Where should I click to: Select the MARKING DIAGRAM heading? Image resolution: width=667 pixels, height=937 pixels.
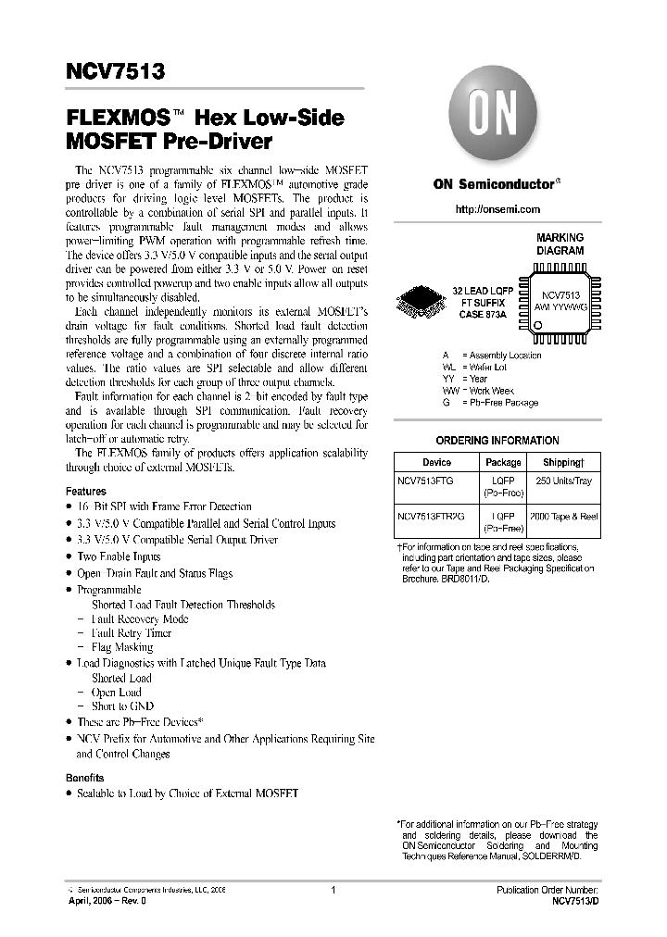pyautogui.click(x=560, y=244)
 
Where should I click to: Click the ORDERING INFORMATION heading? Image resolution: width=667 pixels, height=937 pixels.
pyautogui.click(x=497, y=441)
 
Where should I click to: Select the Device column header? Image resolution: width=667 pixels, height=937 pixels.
pyautogui.click(x=436, y=462)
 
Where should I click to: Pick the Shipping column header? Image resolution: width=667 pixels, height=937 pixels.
pyautogui.click(x=562, y=462)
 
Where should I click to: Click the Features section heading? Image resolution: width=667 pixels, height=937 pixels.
pyautogui.click(x=86, y=492)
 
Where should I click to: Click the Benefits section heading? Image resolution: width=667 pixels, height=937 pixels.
pyautogui.click(x=85, y=778)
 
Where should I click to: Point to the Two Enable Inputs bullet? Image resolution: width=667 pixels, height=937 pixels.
pyautogui.click(x=119, y=556)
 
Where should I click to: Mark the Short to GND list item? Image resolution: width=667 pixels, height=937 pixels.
pyautogui.click(x=123, y=706)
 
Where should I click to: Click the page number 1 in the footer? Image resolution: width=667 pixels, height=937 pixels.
pyautogui.click(x=333, y=889)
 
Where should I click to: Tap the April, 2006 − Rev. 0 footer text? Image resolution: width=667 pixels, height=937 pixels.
pyautogui.click(x=107, y=900)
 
